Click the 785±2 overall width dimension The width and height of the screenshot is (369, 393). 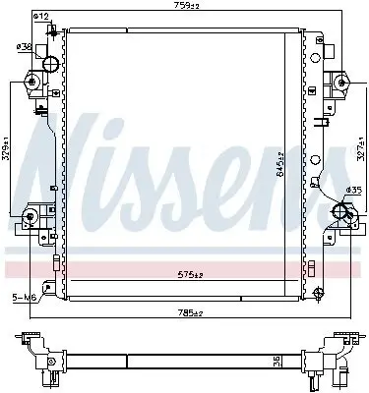pyautogui.click(x=191, y=313)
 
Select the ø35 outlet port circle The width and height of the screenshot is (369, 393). pyautogui.click(x=343, y=209)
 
